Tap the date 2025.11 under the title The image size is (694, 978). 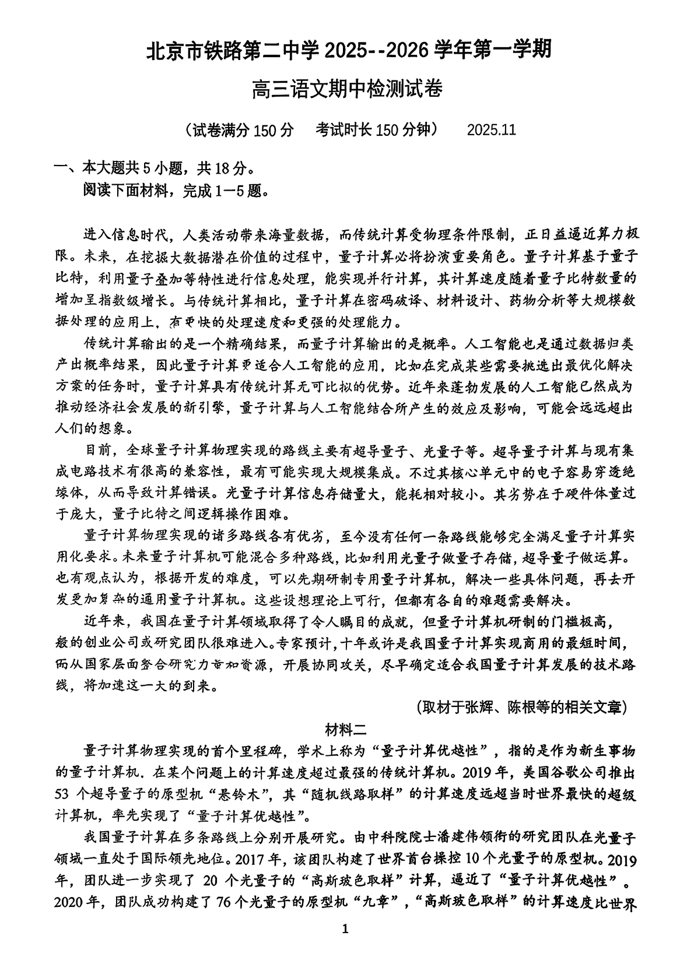491,129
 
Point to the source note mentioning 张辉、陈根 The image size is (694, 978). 521,707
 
